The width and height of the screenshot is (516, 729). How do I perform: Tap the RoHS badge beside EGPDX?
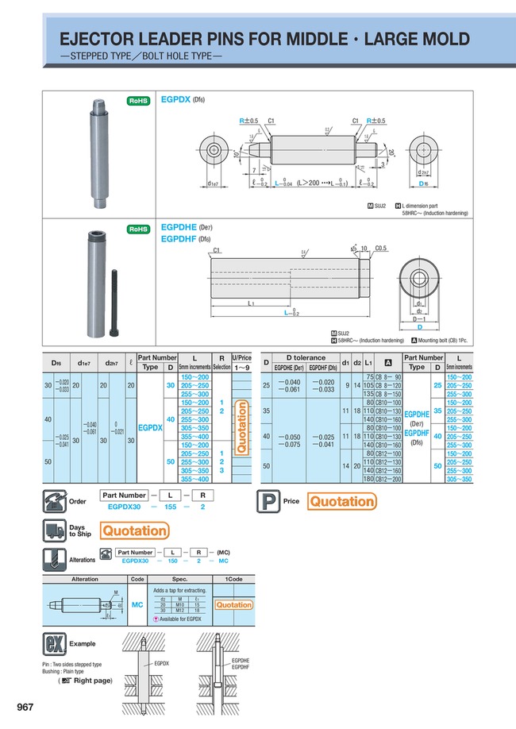coord(139,101)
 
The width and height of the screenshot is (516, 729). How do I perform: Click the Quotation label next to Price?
coord(341,501)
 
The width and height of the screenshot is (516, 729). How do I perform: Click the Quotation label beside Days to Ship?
coord(135,530)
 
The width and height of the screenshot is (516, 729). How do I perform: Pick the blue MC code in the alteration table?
coord(137,604)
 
